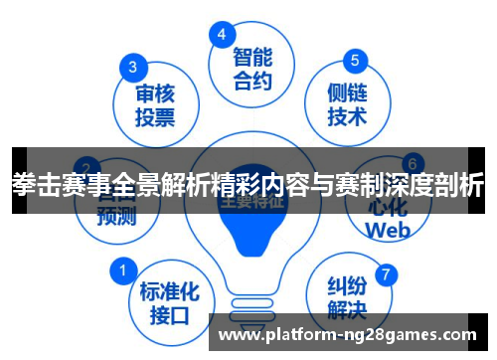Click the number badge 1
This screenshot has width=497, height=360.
123,270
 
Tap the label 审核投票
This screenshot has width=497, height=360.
156,105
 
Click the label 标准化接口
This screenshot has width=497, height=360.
169,302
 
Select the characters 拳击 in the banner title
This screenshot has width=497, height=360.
35,184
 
